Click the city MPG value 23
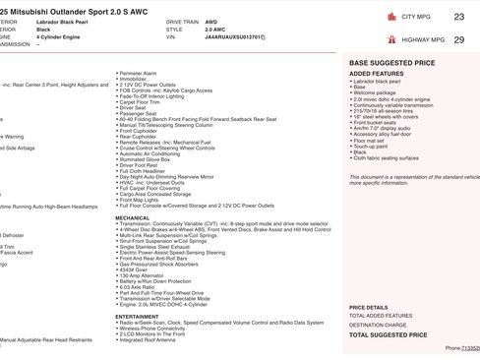459,17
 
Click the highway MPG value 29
459,39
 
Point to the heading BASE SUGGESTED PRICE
392,62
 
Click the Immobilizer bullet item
138,79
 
